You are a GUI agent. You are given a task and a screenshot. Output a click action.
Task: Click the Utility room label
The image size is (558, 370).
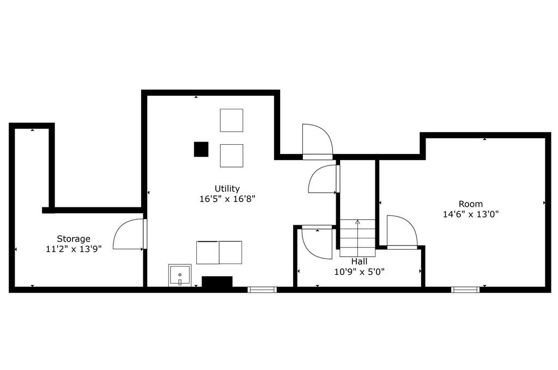point(227,189)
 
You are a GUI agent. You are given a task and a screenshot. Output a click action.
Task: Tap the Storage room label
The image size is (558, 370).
point(74,238)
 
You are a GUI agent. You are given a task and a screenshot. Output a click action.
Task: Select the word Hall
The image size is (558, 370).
point(359,262)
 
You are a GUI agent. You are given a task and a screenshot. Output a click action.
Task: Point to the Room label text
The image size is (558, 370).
point(470,204)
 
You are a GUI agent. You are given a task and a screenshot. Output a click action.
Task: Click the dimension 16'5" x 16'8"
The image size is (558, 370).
point(227,199)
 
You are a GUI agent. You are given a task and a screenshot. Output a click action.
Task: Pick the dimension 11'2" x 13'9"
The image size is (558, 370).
point(74,249)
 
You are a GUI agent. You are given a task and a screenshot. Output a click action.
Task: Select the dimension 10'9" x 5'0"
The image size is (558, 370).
point(360,272)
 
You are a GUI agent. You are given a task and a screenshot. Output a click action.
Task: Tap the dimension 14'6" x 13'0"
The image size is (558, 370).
point(470,214)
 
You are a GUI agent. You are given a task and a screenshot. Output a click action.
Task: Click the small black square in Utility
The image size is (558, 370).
point(201,149)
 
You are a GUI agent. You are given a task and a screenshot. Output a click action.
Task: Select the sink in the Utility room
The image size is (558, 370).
point(180,275)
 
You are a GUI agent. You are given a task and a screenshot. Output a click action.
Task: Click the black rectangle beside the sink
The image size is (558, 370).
point(217,281)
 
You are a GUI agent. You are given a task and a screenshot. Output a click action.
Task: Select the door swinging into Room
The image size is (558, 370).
point(402,231)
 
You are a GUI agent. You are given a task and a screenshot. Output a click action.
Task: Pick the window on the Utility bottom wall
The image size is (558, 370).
point(262,289)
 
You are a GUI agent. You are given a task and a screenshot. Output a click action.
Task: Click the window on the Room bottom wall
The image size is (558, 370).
point(465,289)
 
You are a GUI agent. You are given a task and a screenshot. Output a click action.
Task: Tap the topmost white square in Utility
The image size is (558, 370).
point(231,120)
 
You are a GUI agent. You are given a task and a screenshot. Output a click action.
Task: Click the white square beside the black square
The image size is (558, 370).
point(231,156)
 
